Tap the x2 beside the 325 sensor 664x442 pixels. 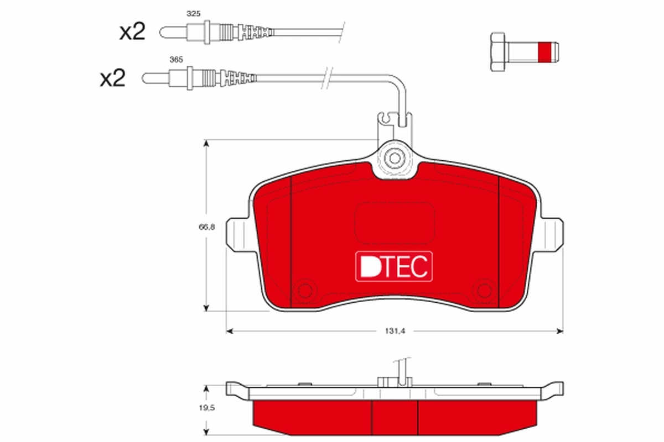(132, 32)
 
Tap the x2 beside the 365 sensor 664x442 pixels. (112, 78)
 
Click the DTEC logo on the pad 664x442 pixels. (393, 267)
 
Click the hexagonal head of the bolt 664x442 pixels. (497, 51)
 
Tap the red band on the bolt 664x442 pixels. (545, 51)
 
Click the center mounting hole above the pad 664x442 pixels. (395, 157)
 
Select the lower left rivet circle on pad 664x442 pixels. (304, 289)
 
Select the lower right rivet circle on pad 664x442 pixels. (485, 289)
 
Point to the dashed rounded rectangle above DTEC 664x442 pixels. (394, 222)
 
